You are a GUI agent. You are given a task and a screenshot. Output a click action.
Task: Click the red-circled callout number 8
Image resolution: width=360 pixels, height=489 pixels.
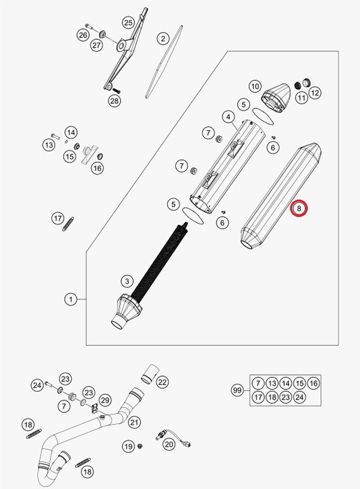(x=299, y=208)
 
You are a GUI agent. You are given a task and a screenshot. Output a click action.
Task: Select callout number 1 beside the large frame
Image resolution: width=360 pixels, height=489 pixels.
(x=71, y=299)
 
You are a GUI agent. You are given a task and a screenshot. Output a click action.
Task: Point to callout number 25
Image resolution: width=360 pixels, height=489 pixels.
(x=128, y=22)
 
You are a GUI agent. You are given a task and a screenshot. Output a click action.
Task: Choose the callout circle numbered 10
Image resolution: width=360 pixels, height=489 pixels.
(x=255, y=86)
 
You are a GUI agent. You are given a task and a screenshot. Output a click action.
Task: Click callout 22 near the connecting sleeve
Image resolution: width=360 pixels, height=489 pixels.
(x=162, y=382)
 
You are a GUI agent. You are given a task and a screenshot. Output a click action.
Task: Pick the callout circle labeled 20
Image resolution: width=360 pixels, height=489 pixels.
(x=169, y=444)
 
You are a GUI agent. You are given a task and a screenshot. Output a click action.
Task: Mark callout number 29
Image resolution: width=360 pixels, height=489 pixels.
(x=105, y=400)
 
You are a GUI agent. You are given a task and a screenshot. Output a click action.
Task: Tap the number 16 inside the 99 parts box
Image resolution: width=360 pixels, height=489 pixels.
(x=313, y=383)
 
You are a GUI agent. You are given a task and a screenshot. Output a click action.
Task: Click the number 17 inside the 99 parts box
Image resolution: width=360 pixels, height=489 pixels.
(x=258, y=397)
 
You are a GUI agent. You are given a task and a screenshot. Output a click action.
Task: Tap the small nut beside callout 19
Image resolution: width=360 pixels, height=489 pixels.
(x=140, y=446)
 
